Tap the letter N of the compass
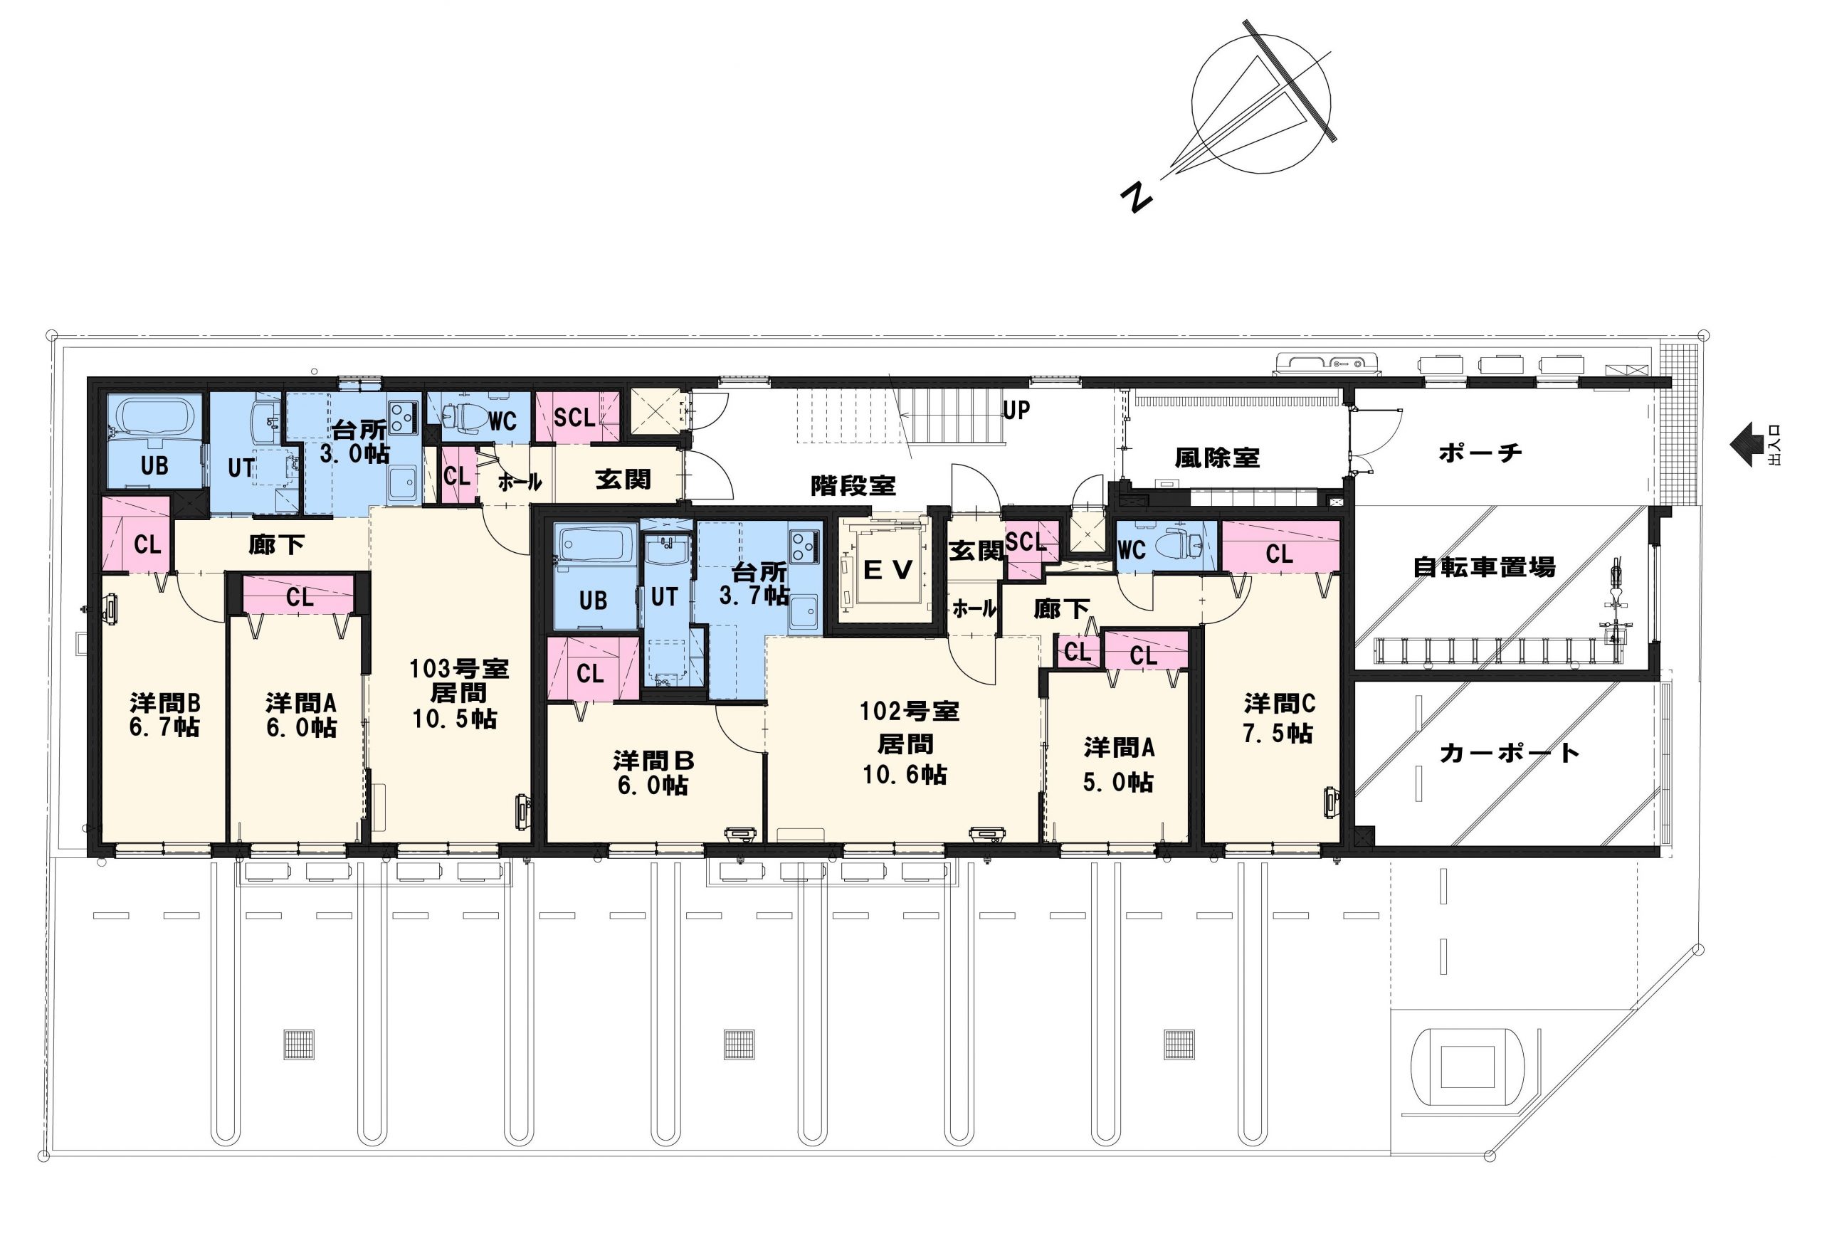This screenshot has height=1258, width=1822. pyautogui.click(x=1136, y=197)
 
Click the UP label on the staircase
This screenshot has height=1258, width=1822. pyautogui.click(x=1016, y=410)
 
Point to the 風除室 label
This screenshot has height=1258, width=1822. pyautogui.click(x=1216, y=458)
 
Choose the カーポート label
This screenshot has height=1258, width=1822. pyautogui.click(x=1509, y=753)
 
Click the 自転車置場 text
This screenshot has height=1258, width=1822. pyautogui.click(x=1484, y=566)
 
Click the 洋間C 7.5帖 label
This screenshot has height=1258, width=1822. pyautogui.click(x=1279, y=718)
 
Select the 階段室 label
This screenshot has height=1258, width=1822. pyautogui.click(x=853, y=485)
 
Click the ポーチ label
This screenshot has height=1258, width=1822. pyautogui.click(x=1480, y=453)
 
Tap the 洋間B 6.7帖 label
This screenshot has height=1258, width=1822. pyautogui.click(x=165, y=714)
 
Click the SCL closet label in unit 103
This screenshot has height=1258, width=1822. pyautogui.click(x=574, y=417)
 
